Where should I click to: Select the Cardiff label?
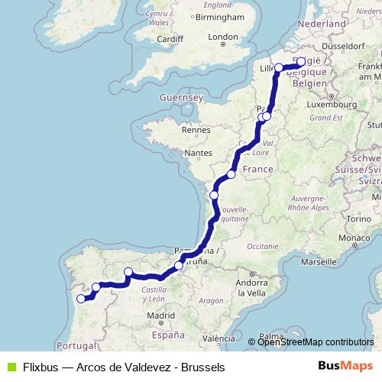170,39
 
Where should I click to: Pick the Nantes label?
198,154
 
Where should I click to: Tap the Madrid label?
161,315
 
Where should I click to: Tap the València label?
219,338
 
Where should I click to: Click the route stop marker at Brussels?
301,62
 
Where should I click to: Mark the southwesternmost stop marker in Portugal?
80,298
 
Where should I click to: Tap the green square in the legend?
8,366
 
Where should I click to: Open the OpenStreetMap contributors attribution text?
316,342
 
